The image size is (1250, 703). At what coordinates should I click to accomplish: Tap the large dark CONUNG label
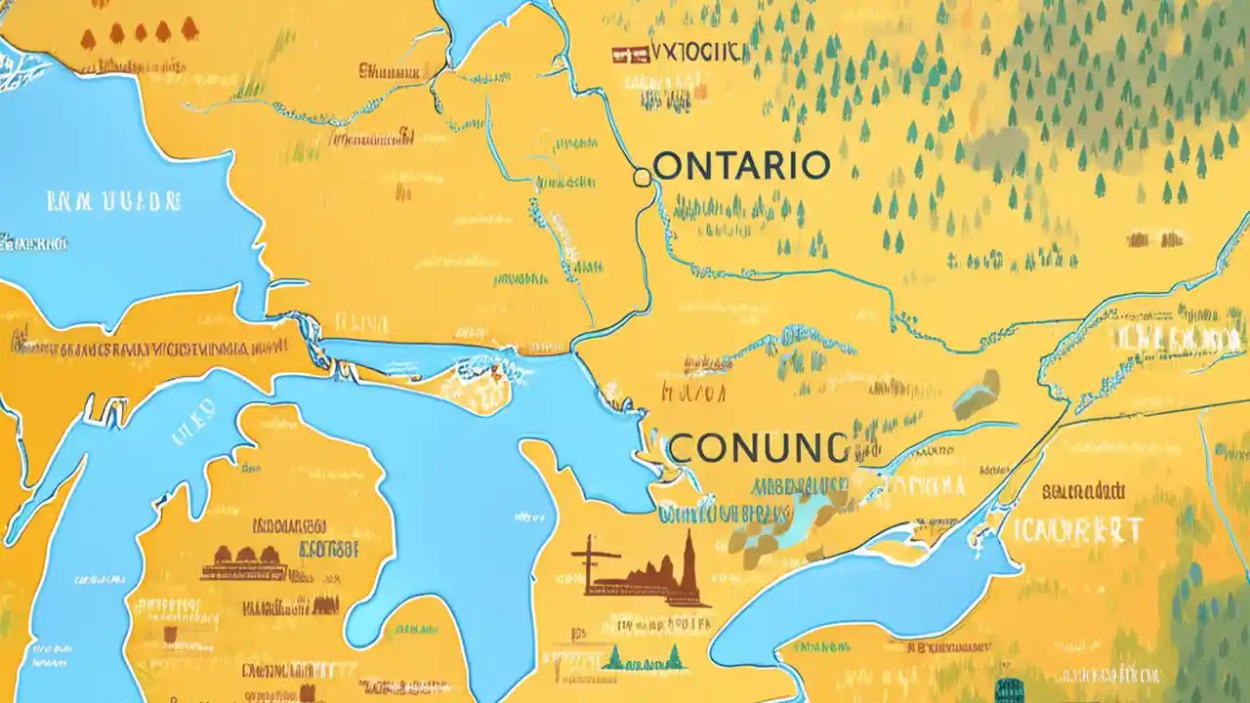759,448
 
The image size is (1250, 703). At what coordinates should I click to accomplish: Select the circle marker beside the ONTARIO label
642,177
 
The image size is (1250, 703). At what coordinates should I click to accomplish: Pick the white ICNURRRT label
1078,531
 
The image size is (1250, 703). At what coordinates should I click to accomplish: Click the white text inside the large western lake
114,201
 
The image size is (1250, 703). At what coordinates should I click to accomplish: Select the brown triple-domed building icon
243,561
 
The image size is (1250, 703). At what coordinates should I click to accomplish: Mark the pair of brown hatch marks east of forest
1155,238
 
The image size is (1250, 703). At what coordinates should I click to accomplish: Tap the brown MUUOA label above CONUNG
693,393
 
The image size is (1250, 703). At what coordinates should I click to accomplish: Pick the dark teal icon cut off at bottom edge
1007,693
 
